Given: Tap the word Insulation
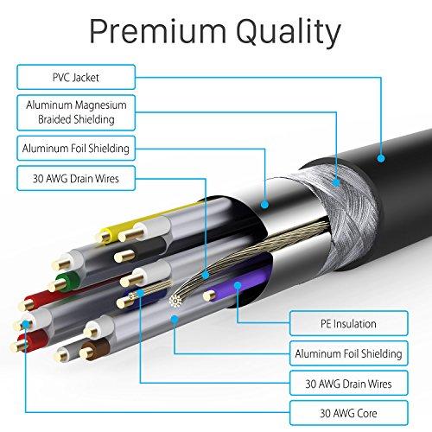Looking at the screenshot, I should click(x=350, y=324).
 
